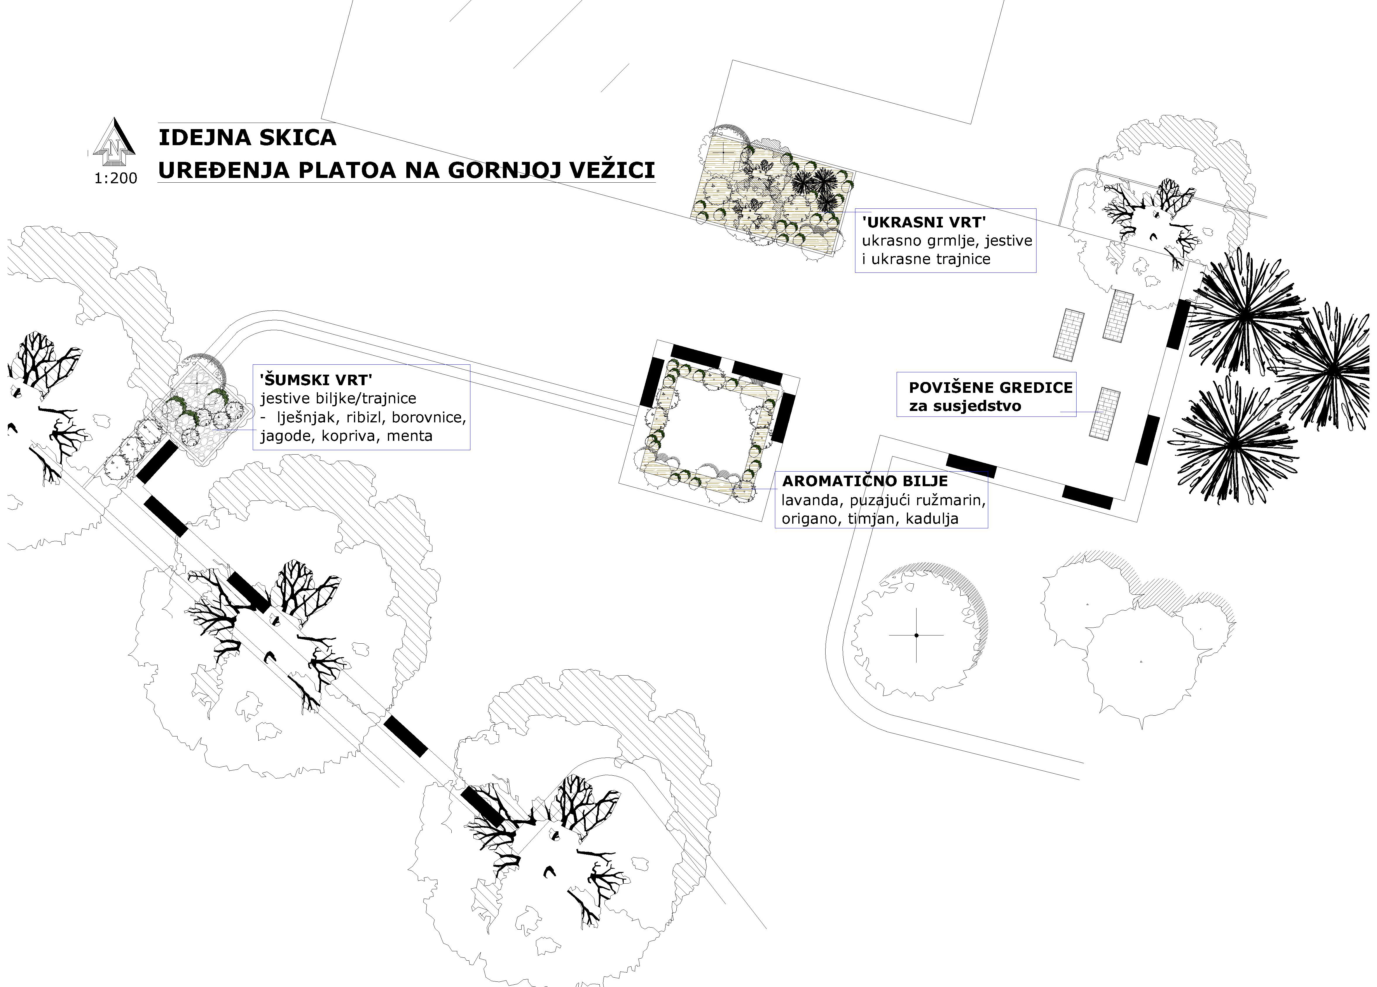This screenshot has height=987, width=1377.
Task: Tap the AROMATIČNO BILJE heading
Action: coord(864,481)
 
